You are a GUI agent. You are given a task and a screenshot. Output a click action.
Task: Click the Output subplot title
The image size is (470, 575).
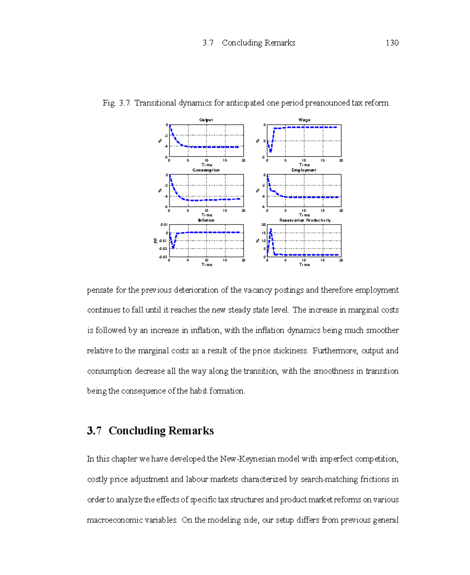point(206,120)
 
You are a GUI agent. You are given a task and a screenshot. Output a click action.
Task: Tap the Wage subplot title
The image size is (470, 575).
point(304,120)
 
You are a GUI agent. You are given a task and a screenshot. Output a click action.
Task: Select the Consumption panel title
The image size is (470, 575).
point(206,170)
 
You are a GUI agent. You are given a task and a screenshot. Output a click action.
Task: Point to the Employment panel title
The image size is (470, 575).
point(304,170)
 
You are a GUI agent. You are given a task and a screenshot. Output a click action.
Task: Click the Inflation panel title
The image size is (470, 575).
point(206,220)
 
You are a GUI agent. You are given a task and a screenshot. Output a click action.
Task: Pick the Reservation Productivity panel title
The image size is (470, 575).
point(305,220)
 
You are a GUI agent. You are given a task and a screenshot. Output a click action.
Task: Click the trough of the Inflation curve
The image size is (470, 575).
point(173,248)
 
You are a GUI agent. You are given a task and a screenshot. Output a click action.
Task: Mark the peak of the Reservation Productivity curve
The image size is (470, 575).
point(271,229)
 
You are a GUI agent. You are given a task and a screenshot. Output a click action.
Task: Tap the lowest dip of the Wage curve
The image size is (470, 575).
point(270,151)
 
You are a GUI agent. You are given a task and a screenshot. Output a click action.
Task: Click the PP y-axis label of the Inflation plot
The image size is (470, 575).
point(155,241)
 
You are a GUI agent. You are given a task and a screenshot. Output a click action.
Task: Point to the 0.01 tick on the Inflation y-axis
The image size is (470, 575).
point(164,225)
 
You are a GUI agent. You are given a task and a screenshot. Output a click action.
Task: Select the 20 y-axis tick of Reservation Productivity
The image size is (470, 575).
point(264,225)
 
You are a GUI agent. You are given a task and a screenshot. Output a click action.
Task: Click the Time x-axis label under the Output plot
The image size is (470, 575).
point(207,165)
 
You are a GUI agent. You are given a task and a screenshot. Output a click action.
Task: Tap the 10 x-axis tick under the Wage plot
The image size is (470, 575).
point(304,160)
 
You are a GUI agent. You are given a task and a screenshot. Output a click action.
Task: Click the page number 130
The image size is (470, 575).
point(392,43)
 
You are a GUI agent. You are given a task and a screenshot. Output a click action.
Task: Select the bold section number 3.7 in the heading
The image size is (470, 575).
point(94,431)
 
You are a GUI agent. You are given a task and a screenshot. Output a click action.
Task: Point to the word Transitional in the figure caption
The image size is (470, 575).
point(155,103)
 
